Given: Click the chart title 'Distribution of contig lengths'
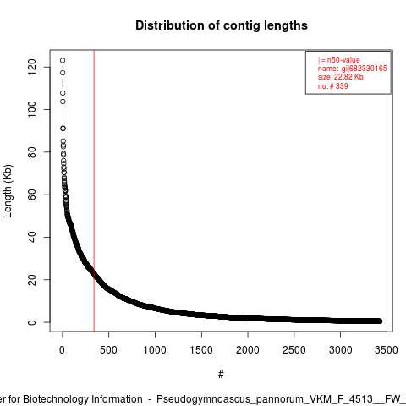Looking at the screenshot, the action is [222, 25].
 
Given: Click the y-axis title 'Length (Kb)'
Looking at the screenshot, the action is [8, 191].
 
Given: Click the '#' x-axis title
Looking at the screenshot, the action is [221, 375].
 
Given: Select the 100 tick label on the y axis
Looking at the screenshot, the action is [31, 109].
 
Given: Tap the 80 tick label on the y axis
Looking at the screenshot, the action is [31, 152].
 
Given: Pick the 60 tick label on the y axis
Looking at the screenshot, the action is [31, 195].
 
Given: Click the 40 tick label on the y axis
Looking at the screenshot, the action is [31, 237].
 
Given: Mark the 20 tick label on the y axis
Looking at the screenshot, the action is [31, 280].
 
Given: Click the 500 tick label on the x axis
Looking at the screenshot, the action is [108, 350].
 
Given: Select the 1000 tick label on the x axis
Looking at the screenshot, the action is [155, 350].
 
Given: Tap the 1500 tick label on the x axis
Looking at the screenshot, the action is [201, 350].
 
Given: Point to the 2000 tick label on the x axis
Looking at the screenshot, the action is [248, 350].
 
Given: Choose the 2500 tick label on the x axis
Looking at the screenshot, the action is [294, 350].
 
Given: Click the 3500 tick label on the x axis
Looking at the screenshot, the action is [387, 350].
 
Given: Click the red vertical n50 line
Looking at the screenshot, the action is [94, 191].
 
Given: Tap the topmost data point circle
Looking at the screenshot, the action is [63, 60].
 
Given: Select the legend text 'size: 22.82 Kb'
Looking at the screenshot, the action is [341, 77].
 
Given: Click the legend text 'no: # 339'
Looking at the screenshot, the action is [333, 85].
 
